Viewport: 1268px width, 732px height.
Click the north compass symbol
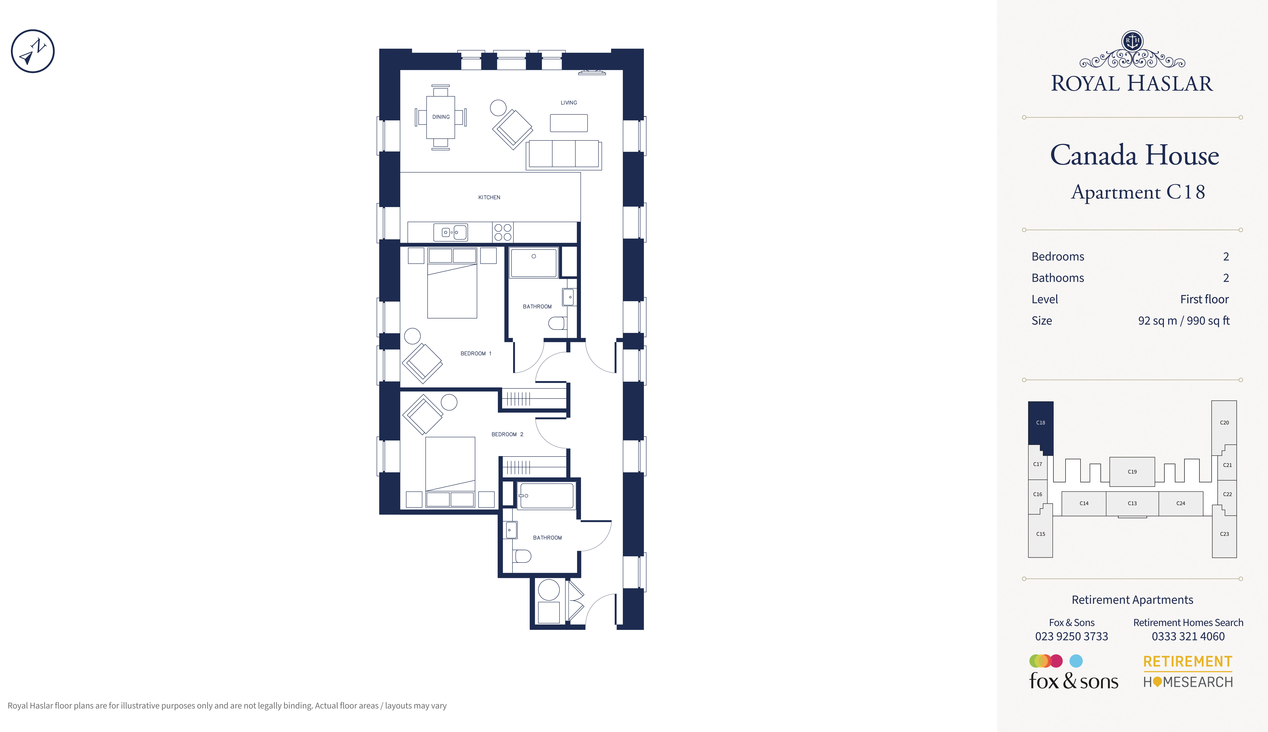coord(33,51)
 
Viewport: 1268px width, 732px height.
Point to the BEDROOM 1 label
coord(476,353)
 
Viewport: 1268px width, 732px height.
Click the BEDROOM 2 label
coord(507,434)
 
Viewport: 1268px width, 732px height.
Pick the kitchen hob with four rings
coord(503,232)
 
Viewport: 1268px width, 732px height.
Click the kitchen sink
coord(450,232)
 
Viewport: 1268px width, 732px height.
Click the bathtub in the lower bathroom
coord(546,496)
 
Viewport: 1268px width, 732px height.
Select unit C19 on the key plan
coord(1132,471)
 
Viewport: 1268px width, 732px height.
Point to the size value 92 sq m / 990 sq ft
coord(1184,321)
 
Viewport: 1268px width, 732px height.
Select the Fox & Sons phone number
coord(1071,636)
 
